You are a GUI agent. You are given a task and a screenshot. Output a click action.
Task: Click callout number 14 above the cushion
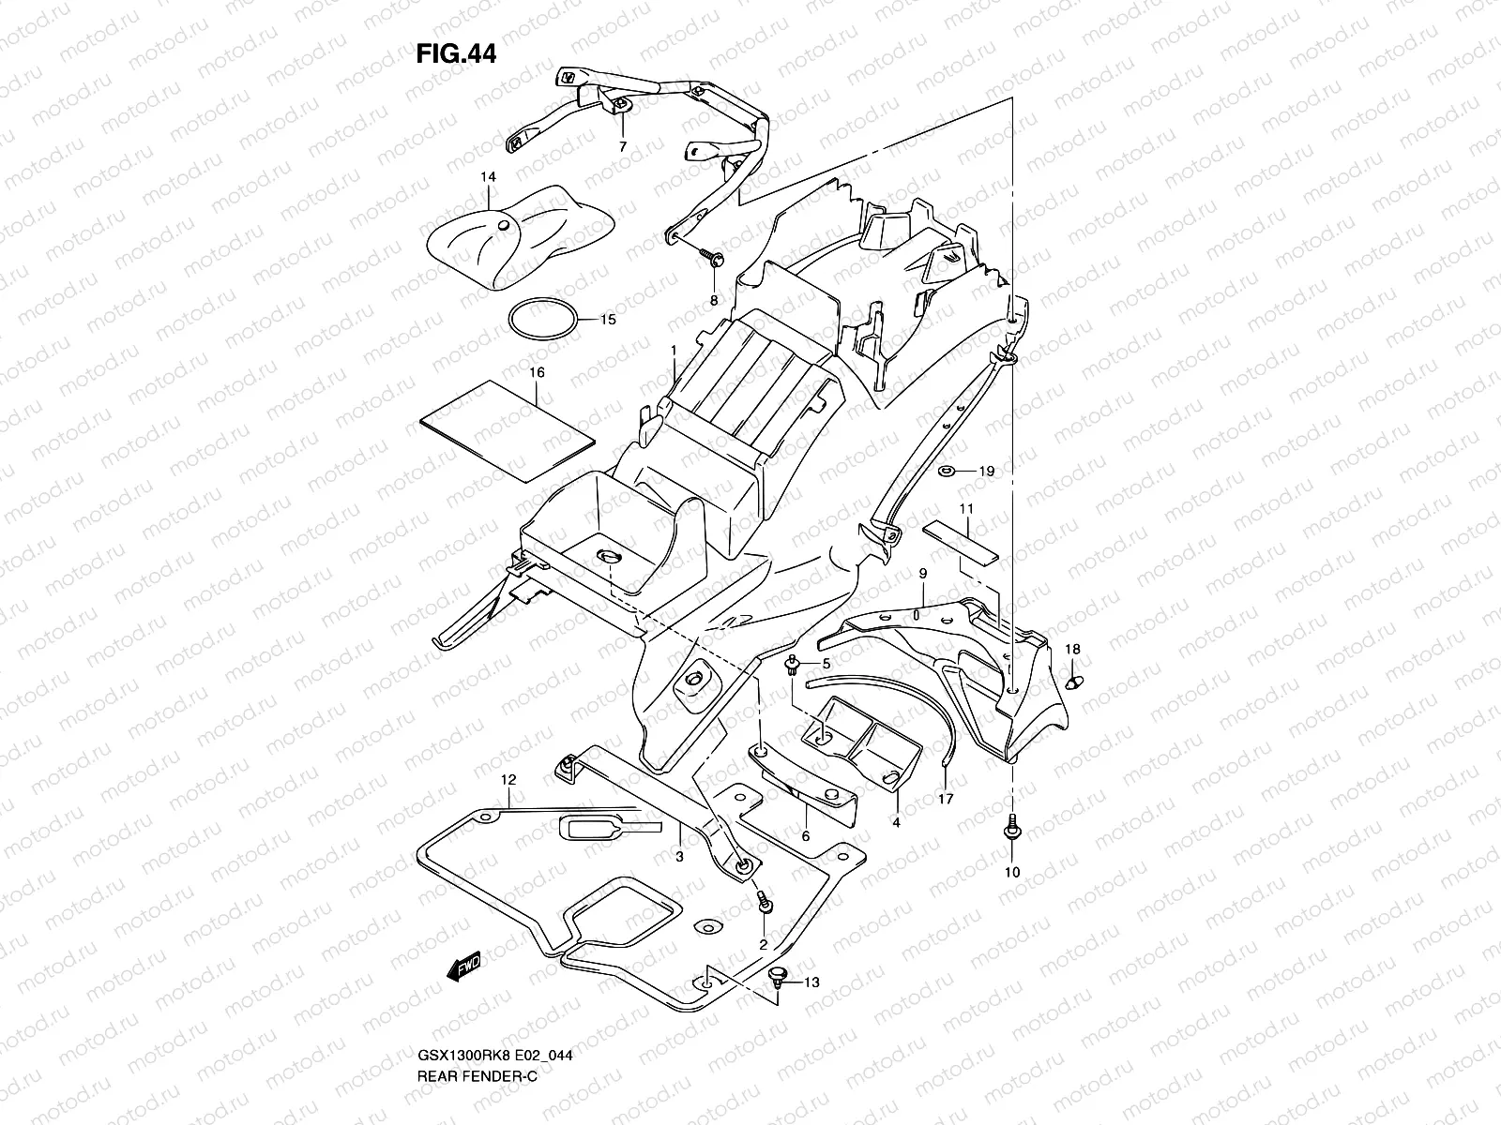[x=488, y=176]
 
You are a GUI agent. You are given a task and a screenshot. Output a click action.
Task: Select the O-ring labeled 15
[x=543, y=320]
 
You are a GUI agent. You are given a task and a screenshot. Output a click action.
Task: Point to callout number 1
[x=674, y=351]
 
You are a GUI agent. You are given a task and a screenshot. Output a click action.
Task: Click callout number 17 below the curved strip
[x=946, y=799]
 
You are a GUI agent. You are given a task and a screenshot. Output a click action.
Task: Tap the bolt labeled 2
[x=766, y=903]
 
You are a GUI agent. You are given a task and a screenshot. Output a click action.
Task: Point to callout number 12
[x=508, y=779]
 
